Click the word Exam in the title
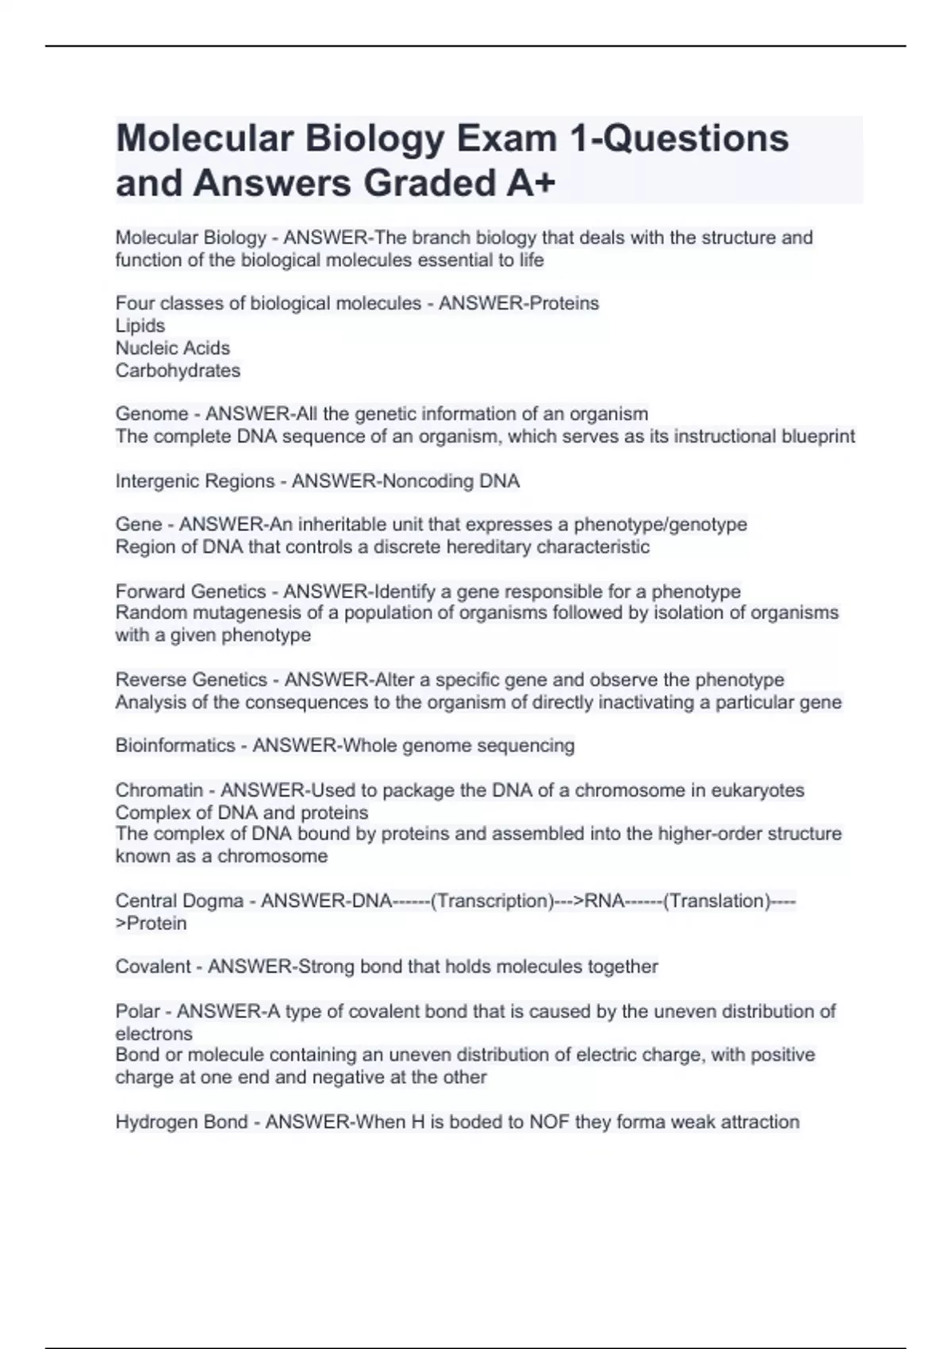point(504,139)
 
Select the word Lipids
point(140,326)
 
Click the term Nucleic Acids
point(173,348)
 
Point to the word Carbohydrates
point(178,371)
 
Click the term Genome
point(152,414)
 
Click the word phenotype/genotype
point(660,525)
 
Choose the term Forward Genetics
point(190,592)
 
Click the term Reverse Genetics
point(191,680)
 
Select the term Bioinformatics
point(175,746)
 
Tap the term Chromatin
point(159,790)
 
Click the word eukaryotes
point(758,790)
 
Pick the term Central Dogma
point(179,901)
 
